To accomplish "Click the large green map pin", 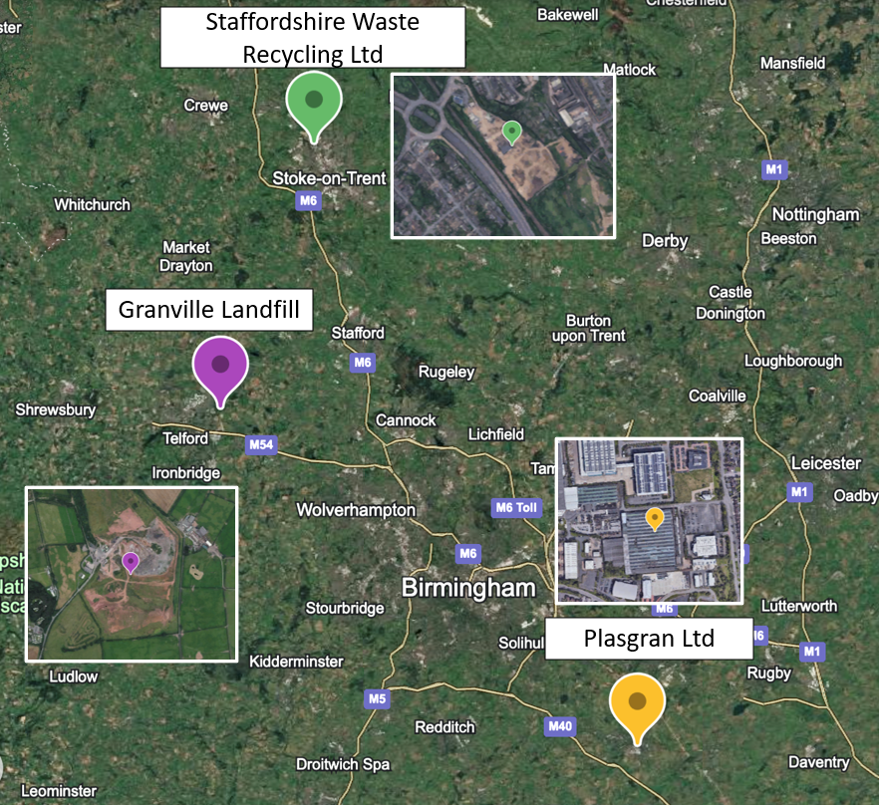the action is tap(314, 103).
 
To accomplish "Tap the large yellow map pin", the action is tap(638, 704).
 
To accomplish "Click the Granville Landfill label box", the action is tap(209, 310).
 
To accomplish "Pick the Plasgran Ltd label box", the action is tap(649, 638).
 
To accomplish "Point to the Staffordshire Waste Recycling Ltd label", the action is tap(313, 37).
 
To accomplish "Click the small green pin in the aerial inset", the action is tap(511, 132).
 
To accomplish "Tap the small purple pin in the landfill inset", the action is tap(131, 562).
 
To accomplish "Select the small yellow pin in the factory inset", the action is tap(654, 518).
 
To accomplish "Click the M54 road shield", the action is tap(260, 444).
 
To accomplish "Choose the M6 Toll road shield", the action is tap(515, 508).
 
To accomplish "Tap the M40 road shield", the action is tap(560, 726).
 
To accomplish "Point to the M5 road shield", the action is tap(377, 698).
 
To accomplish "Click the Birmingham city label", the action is tap(468, 588).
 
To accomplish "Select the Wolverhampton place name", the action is tap(356, 510).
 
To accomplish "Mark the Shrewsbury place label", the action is tap(56, 409).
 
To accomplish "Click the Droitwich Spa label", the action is tap(343, 764).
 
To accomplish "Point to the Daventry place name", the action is tap(818, 762).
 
